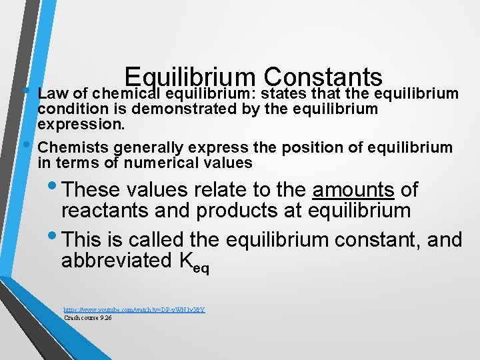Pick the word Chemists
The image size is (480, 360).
[73, 147]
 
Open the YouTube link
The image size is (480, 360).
[134, 310]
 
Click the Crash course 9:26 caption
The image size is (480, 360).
[87, 318]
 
